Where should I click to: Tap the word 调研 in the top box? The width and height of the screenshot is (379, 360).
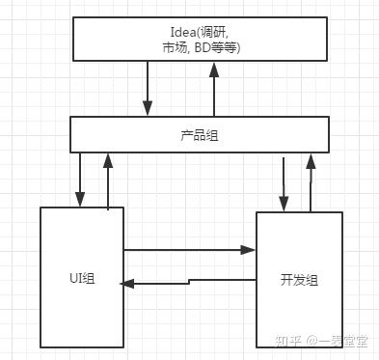coord(193,29)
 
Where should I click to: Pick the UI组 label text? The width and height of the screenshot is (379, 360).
coord(82,279)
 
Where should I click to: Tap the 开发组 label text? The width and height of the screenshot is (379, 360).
coord(299,279)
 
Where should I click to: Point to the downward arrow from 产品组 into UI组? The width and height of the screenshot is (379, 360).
coord(81,179)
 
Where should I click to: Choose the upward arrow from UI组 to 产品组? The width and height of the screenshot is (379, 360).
coord(109,179)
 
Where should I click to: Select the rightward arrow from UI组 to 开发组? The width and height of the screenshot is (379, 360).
coord(188,250)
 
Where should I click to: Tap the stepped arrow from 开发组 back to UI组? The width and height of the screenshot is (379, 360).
coord(188,281)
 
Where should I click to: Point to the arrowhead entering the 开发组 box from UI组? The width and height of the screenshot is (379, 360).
coord(249,250)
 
